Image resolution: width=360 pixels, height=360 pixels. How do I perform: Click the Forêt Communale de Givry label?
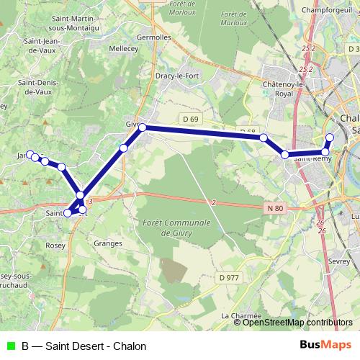click(x=176, y=228)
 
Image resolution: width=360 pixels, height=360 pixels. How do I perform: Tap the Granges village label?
click(x=107, y=243)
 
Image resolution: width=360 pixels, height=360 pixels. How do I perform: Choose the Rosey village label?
click(x=55, y=245)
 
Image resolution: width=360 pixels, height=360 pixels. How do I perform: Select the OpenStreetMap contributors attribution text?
click(x=297, y=323)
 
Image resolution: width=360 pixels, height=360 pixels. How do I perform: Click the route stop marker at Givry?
click(x=143, y=127)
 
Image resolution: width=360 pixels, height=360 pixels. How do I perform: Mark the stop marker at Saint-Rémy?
click(x=285, y=155)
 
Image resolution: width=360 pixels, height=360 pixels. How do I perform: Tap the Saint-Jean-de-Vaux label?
click(x=42, y=46)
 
